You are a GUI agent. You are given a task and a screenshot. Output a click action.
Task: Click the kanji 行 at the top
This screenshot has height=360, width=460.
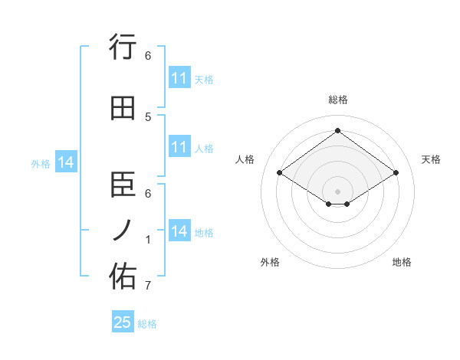[x=123, y=47]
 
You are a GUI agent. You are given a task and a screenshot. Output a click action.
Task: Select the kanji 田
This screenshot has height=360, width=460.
[x=123, y=108]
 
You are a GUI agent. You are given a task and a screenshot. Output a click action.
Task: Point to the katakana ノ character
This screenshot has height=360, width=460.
[x=123, y=231]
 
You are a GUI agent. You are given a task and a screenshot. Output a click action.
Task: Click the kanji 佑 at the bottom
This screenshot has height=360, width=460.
[x=123, y=277]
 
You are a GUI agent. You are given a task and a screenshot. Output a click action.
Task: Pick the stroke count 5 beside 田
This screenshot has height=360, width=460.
[x=148, y=116]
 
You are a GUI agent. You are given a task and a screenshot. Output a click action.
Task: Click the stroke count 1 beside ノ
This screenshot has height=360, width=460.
[x=148, y=240]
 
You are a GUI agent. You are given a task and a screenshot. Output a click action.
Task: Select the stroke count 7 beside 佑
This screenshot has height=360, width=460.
[x=148, y=286]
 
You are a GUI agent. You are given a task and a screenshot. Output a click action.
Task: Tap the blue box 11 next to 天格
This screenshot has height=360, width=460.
[x=179, y=78]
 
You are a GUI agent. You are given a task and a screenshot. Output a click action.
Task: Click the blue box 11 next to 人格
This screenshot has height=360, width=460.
[x=179, y=147]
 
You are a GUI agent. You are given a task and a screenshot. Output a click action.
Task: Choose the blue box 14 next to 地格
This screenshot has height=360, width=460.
[x=179, y=231]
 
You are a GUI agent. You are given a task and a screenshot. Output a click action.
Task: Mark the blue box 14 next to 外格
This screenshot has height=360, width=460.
[x=66, y=162]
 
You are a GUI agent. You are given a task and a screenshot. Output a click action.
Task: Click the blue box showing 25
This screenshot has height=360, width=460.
[x=123, y=322]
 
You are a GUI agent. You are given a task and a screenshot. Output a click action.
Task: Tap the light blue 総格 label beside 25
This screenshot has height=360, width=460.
[x=147, y=324]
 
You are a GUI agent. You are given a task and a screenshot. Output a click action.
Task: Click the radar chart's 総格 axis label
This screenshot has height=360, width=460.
[x=337, y=100]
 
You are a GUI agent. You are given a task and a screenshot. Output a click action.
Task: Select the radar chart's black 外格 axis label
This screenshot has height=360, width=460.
[x=270, y=262]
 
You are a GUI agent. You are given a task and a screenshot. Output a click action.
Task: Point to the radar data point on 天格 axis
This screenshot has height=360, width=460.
[x=396, y=173]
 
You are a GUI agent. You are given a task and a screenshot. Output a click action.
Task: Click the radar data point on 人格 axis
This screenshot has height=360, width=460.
[x=279, y=173]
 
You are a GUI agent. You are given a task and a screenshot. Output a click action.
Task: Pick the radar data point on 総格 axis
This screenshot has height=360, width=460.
[x=337, y=131]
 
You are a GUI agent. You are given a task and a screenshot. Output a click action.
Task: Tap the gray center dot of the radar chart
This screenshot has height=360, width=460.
[x=337, y=190]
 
